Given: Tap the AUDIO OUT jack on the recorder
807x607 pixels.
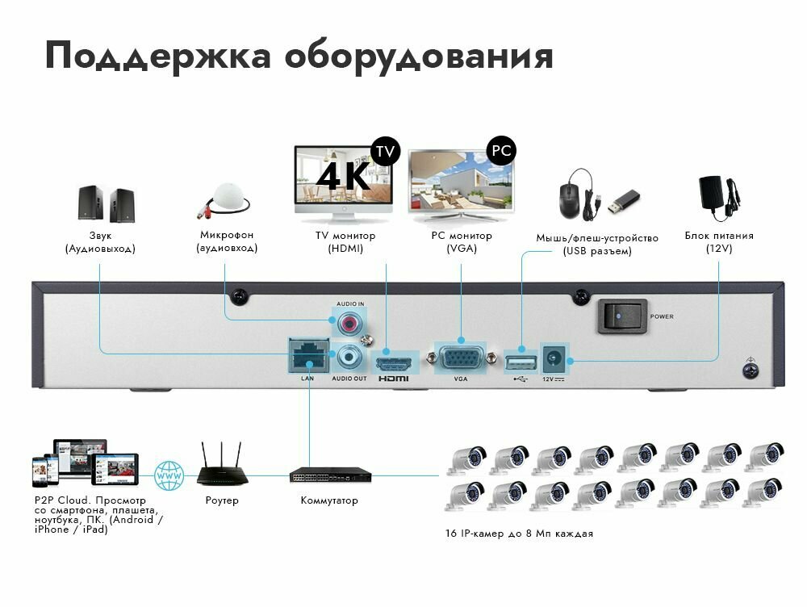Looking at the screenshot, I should click(x=350, y=354).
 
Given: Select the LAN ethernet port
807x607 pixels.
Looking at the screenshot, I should click(x=307, y=354).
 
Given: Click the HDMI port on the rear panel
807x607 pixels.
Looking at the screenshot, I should click(x=394, y=358).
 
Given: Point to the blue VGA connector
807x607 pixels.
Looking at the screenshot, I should click(x=461, y=356).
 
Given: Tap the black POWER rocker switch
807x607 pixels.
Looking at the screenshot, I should click(x=622, y=316).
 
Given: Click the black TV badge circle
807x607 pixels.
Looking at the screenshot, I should click(x=385, y=151).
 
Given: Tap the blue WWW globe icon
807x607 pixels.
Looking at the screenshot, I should click(x=169, y=475).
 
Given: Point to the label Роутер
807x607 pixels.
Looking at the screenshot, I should click(x=223, y=500).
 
